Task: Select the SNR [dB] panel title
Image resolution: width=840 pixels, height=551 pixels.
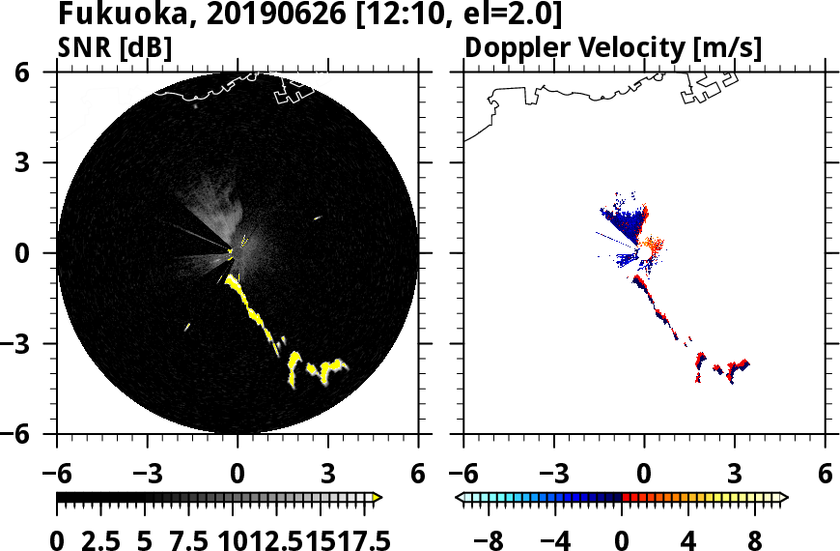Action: [x=114, y=46]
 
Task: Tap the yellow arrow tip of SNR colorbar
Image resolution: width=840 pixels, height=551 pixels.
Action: [x=378, y=497]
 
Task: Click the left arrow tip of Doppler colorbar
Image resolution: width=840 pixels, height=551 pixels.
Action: [x=459, y=497]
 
